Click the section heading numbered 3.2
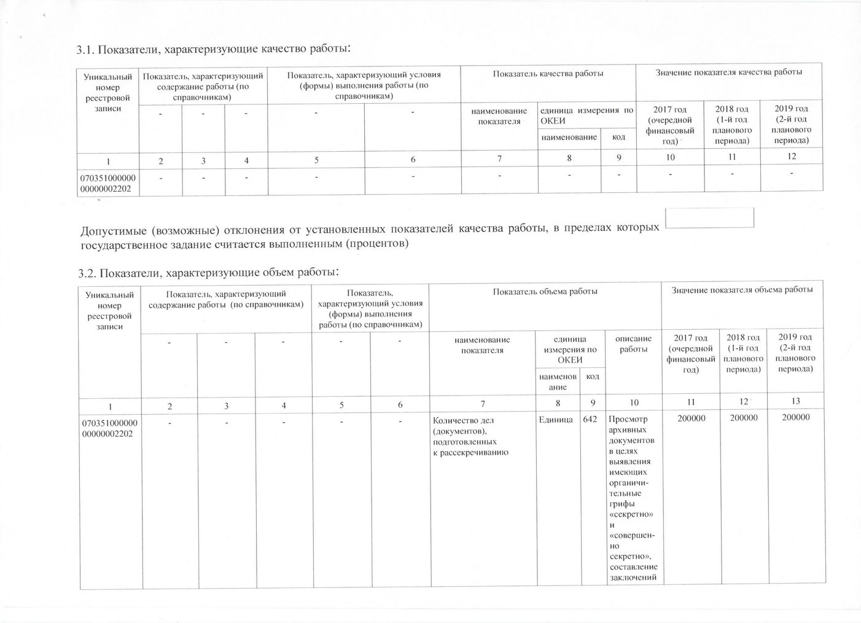(209, 272)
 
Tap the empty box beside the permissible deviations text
(710, 218)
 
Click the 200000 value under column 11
(692, 418)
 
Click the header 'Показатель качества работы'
(548, 74)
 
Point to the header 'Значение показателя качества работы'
(728, 73)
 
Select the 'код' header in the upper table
(618, 137)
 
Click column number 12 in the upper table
(791, 157)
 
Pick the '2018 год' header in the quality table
(732, 125)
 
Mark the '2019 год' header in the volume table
(795, 352)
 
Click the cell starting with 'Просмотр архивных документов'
(633, 498)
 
